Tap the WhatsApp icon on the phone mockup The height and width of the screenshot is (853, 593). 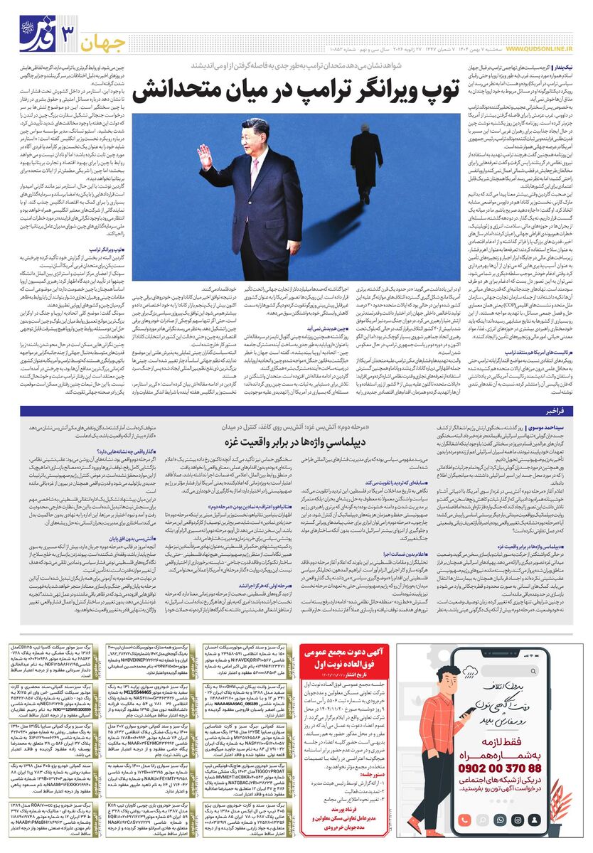[500, 820]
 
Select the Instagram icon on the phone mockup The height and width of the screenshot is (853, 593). [517, 820]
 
